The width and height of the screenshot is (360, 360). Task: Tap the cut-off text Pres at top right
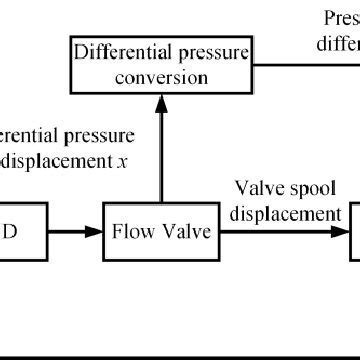pyautogui.click(x=341, y=18)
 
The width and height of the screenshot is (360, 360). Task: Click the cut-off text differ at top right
pyautogui.click(x=338, y=43)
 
